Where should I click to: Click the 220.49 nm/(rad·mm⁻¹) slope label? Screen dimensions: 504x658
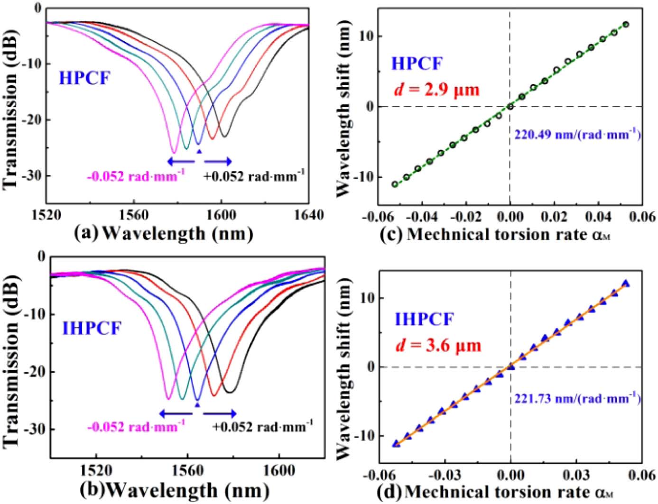(x=577, y=135)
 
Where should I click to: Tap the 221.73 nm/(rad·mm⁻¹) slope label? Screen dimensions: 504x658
(x=577, y=398)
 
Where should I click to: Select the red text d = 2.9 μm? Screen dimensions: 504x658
(x=436, y=89)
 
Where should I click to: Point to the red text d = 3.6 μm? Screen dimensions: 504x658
(x=438, y=345)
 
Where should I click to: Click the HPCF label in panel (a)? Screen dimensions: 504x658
(x=84, y=78)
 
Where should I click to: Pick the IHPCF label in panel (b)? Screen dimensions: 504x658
(x=92, y=328)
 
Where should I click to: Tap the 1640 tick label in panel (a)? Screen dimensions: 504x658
(x=309, y=215)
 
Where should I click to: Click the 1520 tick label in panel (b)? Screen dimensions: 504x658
(x=96, y=471)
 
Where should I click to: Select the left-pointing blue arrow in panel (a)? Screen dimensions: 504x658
(x=180, y=162)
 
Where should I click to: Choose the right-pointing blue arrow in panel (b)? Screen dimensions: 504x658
(x=220, y=413)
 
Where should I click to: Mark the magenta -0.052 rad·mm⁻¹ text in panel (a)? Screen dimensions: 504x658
(x=136, y=176)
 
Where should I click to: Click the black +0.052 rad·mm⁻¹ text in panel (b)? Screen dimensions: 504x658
(x=262, y=427)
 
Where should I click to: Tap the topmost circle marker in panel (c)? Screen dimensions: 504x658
(x=626, y=24)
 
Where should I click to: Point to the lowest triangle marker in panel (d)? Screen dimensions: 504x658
(x=396, y=444)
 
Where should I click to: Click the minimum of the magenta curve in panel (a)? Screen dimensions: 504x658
(x=174, y=152)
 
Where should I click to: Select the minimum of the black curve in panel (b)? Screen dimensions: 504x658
(x=229, y=392)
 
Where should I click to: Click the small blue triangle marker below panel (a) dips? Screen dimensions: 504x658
(x=199, y=151)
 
